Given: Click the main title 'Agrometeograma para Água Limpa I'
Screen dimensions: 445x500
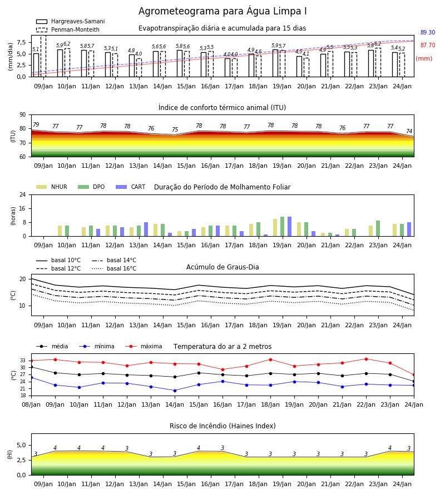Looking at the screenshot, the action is [x=222, y=11].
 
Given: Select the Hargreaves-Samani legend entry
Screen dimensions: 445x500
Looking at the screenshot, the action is [x=71, y=21].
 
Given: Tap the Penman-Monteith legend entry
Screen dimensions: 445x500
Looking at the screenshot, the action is [x=68, y=29].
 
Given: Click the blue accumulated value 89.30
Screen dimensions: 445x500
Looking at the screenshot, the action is [x=428, y=32].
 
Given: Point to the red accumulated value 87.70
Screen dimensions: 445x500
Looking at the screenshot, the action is [x=428, y=46].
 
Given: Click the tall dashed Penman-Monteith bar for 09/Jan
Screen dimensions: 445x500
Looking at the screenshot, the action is [x=43, y=56].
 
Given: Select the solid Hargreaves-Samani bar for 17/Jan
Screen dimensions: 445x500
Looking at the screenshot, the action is [x=228, y=68].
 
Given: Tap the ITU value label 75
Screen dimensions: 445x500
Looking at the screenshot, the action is [x=175, y=130].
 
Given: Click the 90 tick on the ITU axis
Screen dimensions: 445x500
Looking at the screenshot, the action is [x=23, y=115].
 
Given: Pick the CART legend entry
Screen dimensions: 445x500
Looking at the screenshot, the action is [x=131, y=187].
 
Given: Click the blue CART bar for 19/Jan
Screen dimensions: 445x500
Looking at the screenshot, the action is [x=290, y=227].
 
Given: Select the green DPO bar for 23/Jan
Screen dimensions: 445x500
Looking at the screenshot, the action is [x=378, y=228].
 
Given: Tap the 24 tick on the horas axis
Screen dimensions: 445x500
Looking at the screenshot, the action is [x=23, y=194].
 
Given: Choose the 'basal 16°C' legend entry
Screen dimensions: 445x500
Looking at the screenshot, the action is [x=114, y=268].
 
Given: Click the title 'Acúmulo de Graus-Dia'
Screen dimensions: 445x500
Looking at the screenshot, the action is [x=222, y=267].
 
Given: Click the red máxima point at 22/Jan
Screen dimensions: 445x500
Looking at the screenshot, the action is [x=366, y=359].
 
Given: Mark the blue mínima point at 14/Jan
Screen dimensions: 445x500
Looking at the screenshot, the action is [x=175, y=391].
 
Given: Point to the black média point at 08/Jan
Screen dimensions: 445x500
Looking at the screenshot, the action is [x=31, y=367].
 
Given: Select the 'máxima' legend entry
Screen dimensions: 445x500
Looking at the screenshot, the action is [x=144, y=346].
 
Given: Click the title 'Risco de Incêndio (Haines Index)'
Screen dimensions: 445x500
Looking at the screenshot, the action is [x=222, y=426].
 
